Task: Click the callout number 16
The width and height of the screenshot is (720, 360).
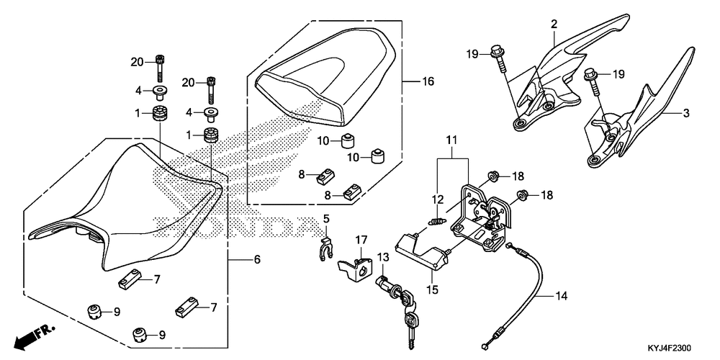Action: pos(428,82)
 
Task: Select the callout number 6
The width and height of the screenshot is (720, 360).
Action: pos(256,259)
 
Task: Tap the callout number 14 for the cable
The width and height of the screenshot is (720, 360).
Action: pos(562,295)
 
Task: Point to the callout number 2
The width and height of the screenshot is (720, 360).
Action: pos(554,24)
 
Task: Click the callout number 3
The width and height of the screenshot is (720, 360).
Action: pos(686,114)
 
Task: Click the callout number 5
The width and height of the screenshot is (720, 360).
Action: pos(325,219)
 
